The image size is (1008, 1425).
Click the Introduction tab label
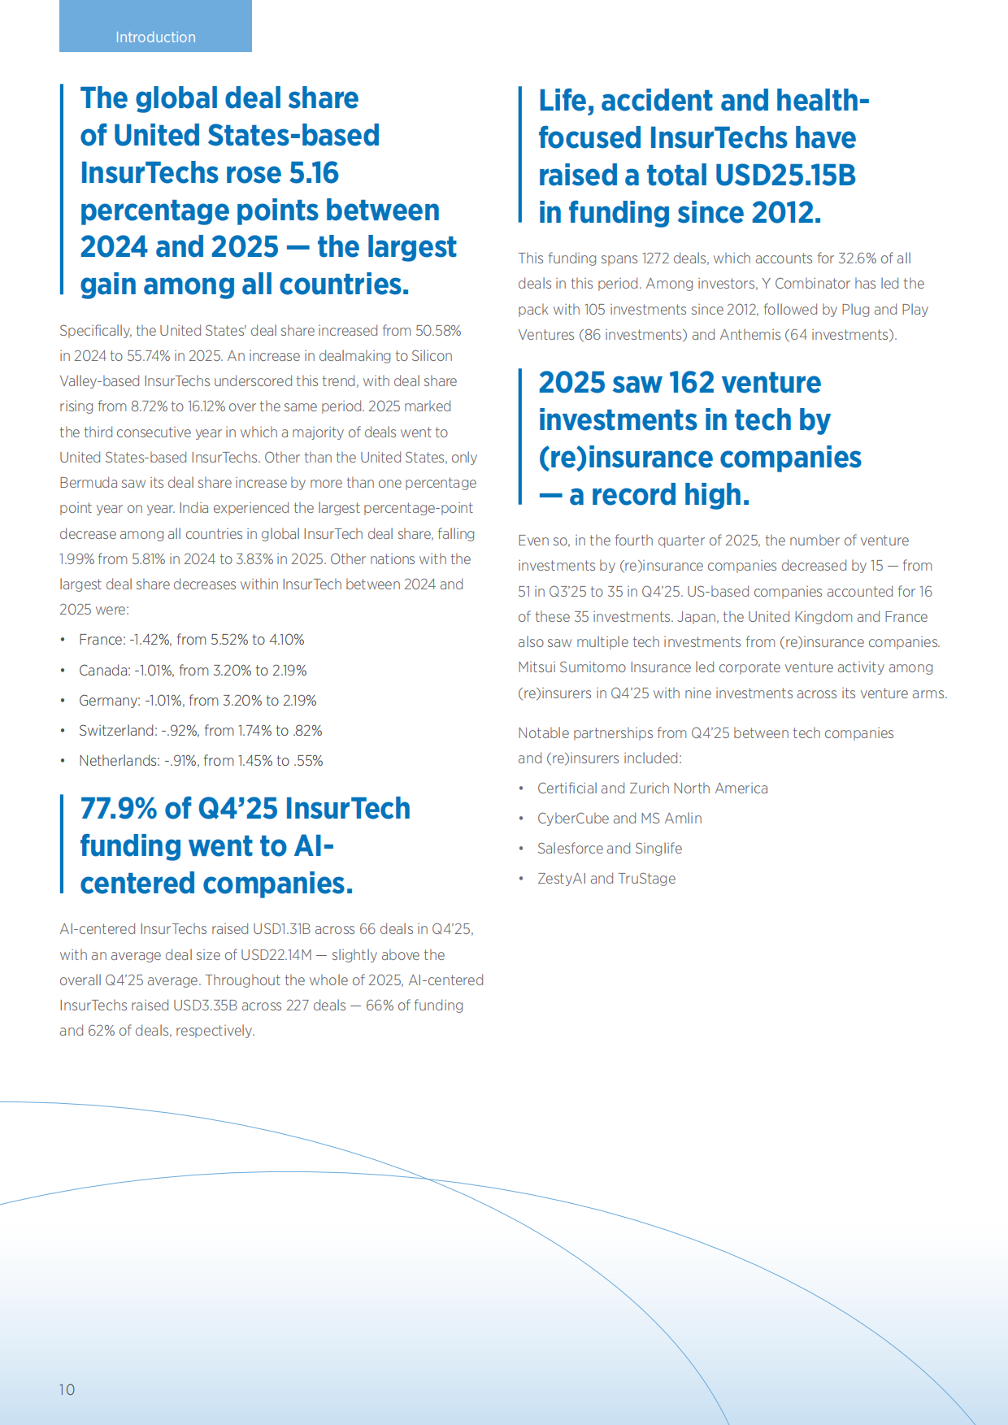click(x=155, y=37)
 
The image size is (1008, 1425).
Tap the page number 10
click(x=67, y=1389)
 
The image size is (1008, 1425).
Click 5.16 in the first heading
click(x=314, y=173)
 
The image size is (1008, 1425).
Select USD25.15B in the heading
click(x=784, y=176)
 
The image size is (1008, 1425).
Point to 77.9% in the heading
click(x=118, y=809)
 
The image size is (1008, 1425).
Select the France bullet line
click(x=191, y=640)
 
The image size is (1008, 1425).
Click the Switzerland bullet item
click(x=200, y=731)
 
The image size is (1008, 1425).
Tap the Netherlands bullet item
click(x=201, y=761)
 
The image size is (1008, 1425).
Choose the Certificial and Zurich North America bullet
click(x=652, y=789)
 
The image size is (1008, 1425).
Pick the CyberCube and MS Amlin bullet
click(x=619, y=819)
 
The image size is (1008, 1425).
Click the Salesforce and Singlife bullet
click(x=610, y=849)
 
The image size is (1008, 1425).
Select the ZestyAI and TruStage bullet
click(x=606, y=879)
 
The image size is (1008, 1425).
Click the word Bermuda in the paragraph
click(x=88, y=483)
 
